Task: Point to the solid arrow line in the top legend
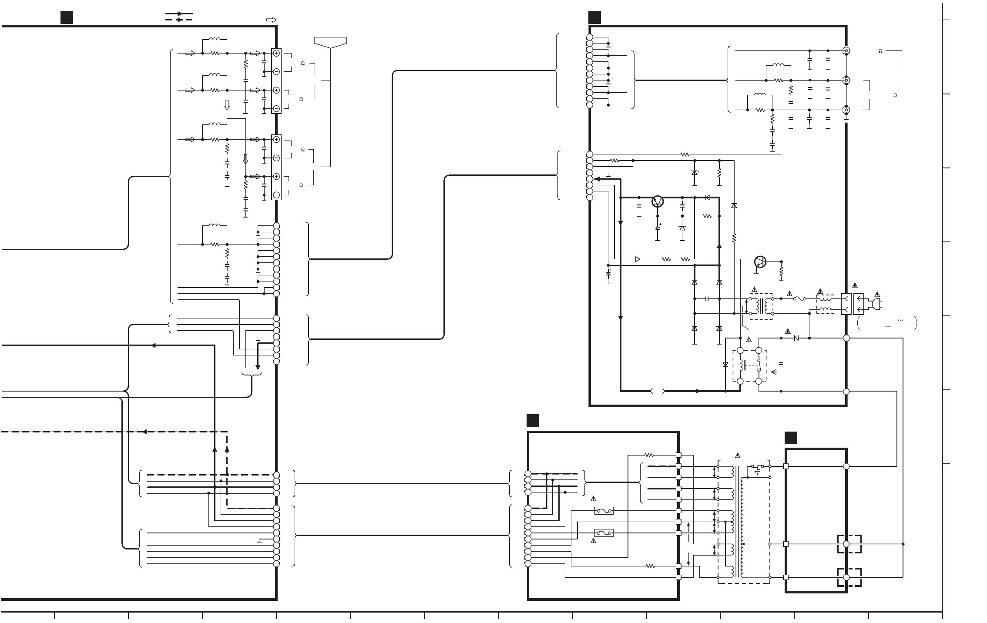pyautogui.click(x=179, y=14)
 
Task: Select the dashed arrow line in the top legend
pyautogui.click(x=179, y=20)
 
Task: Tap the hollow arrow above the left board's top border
pyautogui.click(x=271, y=20)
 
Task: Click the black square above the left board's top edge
pyautogui.click(x=67, y=17)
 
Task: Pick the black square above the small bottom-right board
pyautogui.click(x=791, y=438)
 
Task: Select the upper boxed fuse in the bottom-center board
pyautogui.click(x=604, y=511)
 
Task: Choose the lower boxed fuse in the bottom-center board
pyautogui.click(x=604, y=533)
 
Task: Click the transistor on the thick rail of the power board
pyautogui.click(x=658, y=201)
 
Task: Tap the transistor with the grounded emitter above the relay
pyautogui.click(x=760, y=262)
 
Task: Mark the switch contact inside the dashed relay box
pyautogui.click(x=759, y=365)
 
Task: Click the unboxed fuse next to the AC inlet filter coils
pyautogui.click(x=799, y=299)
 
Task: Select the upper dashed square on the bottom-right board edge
pyautogui.click(x=849, y=544)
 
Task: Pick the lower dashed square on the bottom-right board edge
pyautogui.click(x=849, y=577)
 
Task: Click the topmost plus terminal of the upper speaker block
pyautogui.click(x=276, y=53)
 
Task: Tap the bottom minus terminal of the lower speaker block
pyautogui.click(x=276, y=195)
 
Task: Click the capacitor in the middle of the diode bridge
pyautogui.click(x=707, y=299)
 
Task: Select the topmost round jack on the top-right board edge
pyautogui.click(x=846, y=50)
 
